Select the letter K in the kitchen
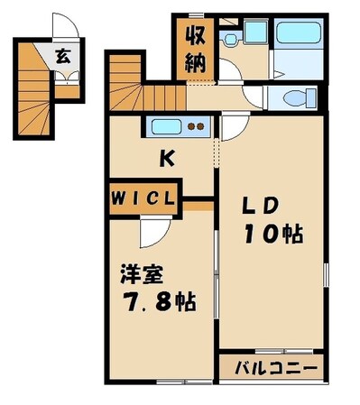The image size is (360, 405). point(167,160)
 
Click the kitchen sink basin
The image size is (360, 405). point(167,126)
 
